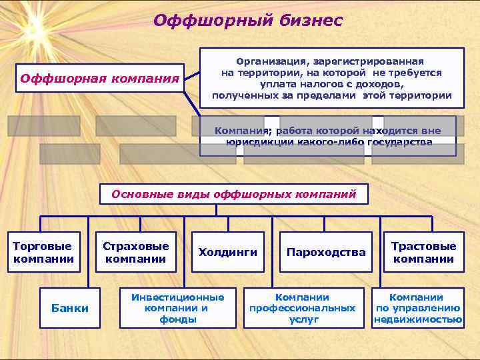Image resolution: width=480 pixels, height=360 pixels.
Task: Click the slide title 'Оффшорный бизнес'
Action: tap(247, 21)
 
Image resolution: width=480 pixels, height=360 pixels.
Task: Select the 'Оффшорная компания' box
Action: tap(101, 79)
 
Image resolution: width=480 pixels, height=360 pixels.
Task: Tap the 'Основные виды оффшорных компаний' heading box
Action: tap(233, 195)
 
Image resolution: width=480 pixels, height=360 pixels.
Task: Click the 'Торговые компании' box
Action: tap(43, 252)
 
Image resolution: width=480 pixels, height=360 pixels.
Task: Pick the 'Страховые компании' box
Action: tap(136, 252)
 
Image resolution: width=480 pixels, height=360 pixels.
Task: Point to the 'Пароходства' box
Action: tap(326, 252)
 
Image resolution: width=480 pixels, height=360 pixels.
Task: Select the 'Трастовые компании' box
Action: tap(423, 252)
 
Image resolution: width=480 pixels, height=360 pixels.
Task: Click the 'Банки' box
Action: tap(70, 308)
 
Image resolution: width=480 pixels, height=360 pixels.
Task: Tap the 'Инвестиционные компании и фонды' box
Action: tap(178, 308)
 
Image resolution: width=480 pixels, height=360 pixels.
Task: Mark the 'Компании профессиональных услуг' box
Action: tap(303, 308)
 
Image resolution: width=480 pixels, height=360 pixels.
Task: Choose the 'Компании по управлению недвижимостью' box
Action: tap(418, 308)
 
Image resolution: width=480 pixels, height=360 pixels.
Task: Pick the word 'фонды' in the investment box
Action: tap(178, 319)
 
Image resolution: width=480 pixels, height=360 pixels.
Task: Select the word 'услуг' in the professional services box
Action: tap(303, 319)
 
